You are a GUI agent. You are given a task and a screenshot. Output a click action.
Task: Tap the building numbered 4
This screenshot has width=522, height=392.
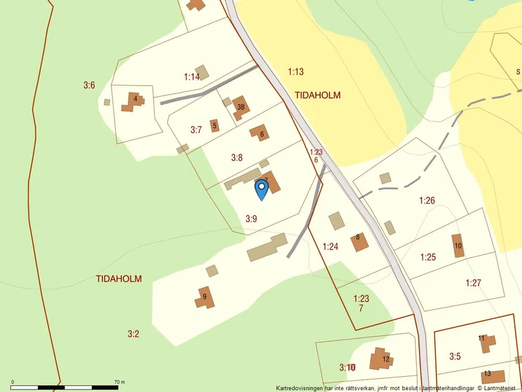(x=134, y=101)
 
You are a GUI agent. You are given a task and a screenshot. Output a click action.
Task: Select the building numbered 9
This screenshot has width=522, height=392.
(x=204, y=297)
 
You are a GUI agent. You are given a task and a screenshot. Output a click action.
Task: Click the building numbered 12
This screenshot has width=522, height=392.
(x=382, y=359)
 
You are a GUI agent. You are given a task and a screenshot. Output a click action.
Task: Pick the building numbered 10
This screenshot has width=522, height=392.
(x=457, y=246)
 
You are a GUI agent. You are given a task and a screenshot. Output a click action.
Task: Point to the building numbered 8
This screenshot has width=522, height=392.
(x=359, y=241)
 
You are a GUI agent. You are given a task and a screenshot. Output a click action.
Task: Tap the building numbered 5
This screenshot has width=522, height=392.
(x=214, y=125)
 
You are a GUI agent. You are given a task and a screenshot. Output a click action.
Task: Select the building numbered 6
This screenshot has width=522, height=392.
(x=259, y=133)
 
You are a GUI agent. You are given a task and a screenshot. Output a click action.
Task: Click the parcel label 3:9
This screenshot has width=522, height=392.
(x=252, y=218)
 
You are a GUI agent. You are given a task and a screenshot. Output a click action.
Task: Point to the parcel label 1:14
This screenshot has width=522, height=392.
(x=192, y=77)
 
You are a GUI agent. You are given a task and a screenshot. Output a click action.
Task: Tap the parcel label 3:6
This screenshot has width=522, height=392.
(x=89, y=85)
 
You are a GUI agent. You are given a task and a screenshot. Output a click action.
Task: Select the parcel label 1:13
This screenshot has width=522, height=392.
(x=295, y=72)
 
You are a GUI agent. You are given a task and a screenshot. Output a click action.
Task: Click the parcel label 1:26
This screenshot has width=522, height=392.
(x=427, y=201)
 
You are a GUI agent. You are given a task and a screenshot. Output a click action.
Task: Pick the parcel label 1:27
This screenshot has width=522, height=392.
(x=473, y=282)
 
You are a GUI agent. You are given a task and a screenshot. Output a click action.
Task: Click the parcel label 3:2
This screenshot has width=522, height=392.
(x=133, y=334)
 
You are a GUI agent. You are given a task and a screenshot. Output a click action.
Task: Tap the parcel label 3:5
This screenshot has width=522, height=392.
(x=455, y=357)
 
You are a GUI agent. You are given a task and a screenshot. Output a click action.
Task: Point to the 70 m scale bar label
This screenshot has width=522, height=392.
(x=120, y=382)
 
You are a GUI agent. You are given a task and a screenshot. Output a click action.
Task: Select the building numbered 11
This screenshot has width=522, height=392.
(x=485, y=343)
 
